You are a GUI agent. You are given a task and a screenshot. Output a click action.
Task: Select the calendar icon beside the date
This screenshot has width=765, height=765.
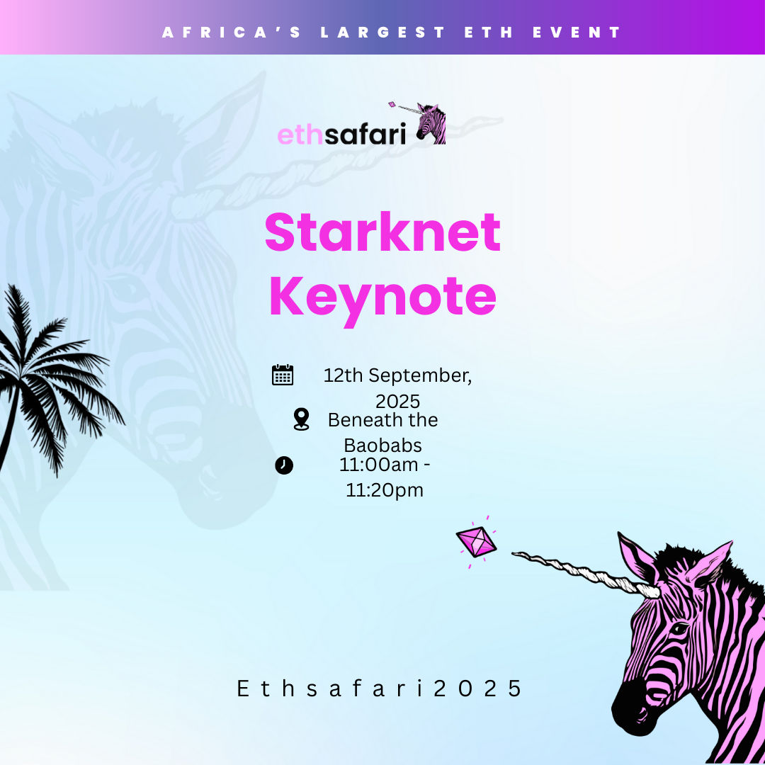click(x=283, y=375)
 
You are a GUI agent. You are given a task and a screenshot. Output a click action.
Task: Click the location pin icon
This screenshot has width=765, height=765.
click(x=302, y=419)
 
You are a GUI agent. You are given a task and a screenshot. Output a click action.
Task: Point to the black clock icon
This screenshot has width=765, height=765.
click(x=284, y=465)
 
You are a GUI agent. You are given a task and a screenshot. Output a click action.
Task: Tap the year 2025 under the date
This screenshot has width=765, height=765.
click(x=397, y=402)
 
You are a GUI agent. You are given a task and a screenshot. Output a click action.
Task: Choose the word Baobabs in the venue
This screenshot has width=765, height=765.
click(x=383, y=446)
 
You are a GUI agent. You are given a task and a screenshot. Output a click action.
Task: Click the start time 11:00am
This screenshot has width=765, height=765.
click(x=378, y=465)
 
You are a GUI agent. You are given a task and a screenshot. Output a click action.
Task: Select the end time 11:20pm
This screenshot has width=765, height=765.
click(x=385, y=491)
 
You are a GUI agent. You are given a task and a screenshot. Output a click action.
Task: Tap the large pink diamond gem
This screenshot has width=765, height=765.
click(x=476, y=542)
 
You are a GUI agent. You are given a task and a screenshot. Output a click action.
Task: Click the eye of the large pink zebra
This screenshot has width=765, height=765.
click(x=679, y=629)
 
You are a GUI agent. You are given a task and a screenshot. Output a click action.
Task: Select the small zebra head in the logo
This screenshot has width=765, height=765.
click(x=431, y=124)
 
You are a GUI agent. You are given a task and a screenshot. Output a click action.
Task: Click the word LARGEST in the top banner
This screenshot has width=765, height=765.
click(x=383, y=32)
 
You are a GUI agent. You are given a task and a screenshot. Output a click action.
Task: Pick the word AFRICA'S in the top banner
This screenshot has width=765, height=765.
click(x=232, y=32)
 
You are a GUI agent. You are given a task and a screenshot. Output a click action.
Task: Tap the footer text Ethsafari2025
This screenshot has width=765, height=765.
click(x=380, y=688)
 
